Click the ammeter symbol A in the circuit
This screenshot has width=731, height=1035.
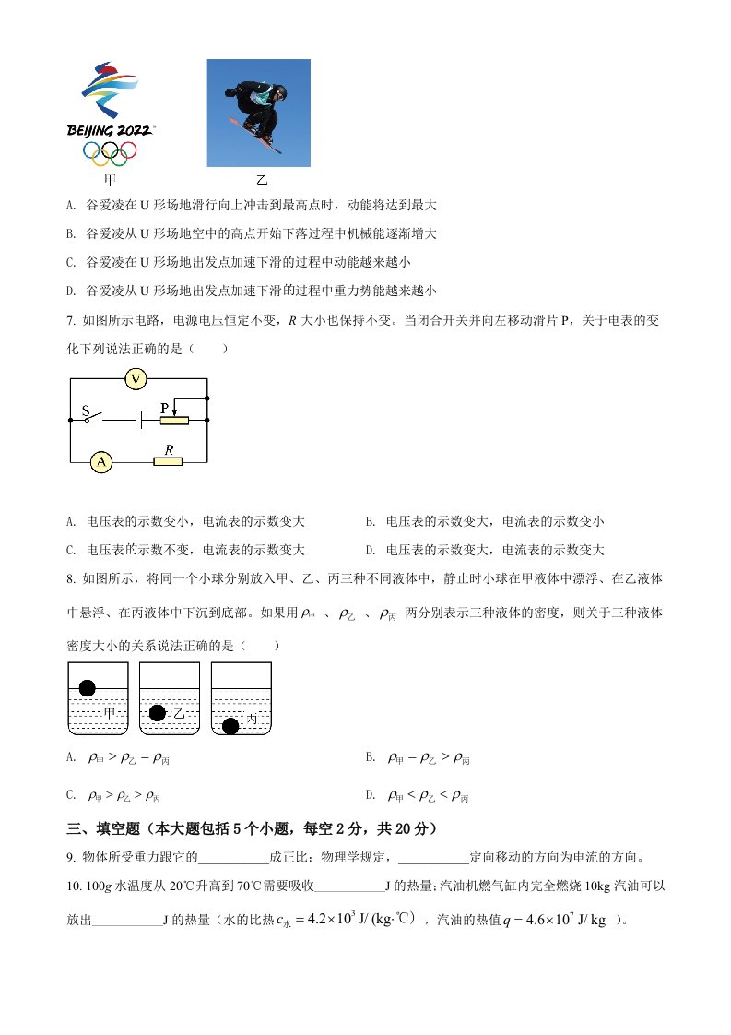click(100, 461)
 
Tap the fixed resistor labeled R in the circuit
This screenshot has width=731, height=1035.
click(168, 460)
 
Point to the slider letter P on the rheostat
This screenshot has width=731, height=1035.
click(164, 407)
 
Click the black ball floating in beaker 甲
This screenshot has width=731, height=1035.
click(88, 687)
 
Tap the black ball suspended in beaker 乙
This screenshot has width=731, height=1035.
click(157, 712)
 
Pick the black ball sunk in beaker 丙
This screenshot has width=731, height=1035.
click(230, 725)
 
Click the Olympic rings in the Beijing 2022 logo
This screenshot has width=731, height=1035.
click(110, 151)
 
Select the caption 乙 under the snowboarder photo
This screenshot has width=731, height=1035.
click(261, 180)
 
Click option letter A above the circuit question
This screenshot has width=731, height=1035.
click(71, 205)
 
